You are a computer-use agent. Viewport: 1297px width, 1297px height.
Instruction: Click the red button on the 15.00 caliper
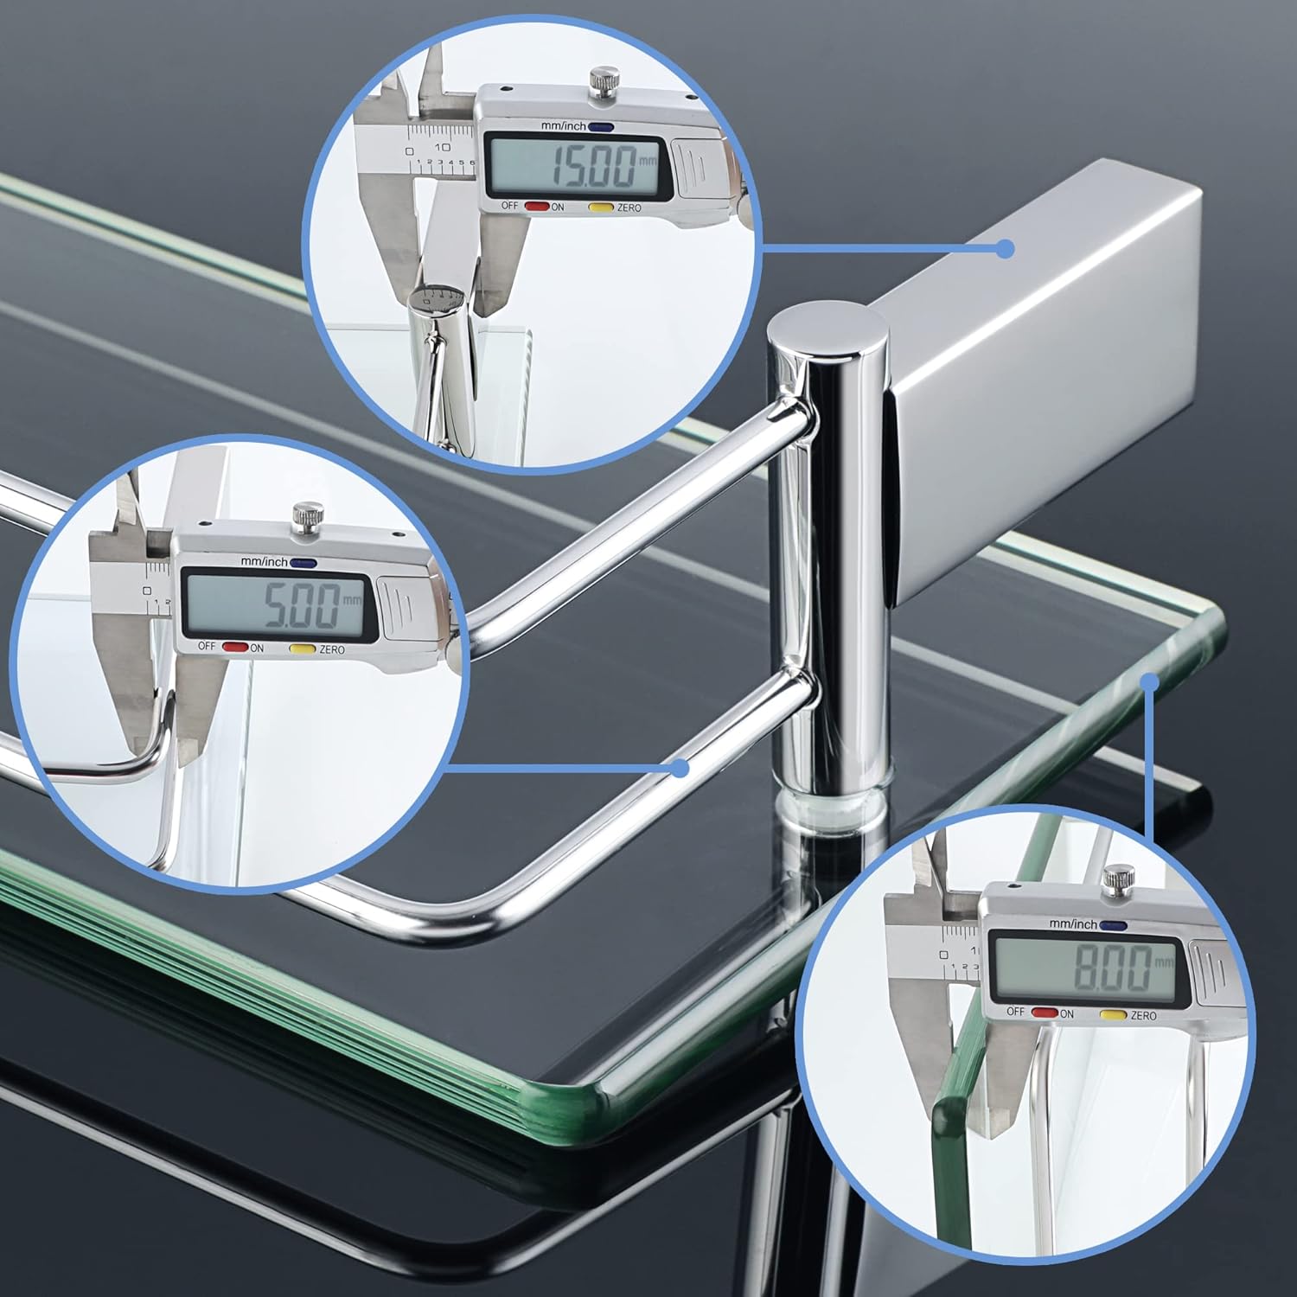click(537, 207)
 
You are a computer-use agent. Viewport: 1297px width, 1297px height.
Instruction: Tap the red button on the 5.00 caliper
click(233, 646)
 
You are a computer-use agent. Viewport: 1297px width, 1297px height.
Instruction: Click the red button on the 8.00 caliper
click(1044, 1012)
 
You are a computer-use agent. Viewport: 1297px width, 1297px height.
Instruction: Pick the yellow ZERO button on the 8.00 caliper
click(1112, 1014)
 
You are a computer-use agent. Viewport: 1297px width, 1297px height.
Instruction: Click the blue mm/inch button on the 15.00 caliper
click(602, 127)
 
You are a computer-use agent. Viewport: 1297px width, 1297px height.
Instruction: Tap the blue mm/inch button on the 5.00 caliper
click(302, 563)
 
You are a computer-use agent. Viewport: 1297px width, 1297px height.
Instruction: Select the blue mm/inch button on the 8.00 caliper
click(1113, 924)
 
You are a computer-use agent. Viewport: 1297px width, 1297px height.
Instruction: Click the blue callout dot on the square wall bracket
click(1004, 249)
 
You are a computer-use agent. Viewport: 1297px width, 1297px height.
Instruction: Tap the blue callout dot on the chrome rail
click(681, 766)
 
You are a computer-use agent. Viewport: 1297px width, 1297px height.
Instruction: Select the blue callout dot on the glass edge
click(1149, 682)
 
